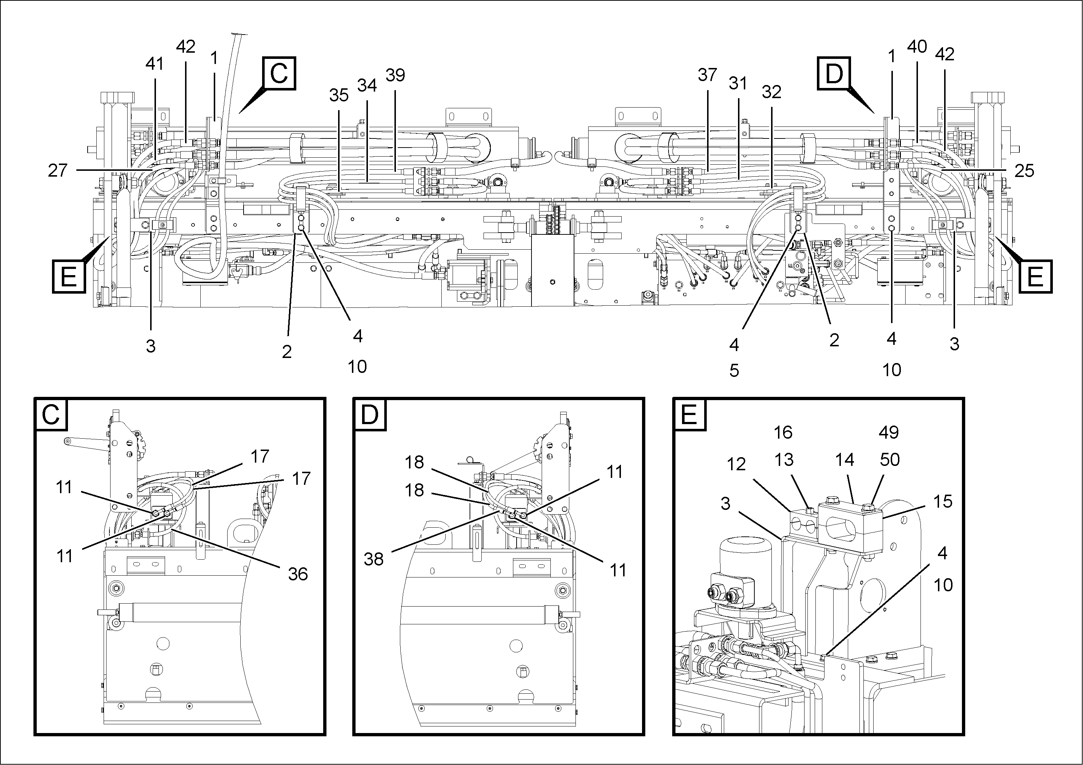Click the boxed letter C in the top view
coord(279,73)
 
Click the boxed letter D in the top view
coord(834,73)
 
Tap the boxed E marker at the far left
coord(68,276)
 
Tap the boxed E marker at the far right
coord(1035,276)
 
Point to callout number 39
coord(395,75)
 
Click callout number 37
coord(707,75)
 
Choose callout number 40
coord(917,47)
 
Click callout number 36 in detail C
coord(298,574)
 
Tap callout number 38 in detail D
coord(374,559)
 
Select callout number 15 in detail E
coord(942,502)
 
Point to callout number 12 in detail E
coord(736,464)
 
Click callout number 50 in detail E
coord(890,460)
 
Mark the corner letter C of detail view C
coord(51,415)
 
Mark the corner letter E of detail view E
coord(689,415)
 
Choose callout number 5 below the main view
coord(734,371)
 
